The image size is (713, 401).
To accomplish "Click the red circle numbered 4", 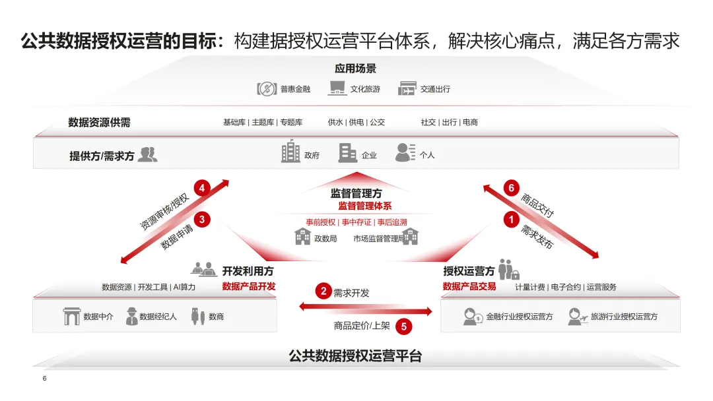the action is (x=202, y=188).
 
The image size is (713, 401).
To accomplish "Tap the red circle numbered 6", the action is (x=510, y=188).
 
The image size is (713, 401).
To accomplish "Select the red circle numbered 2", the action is (x=323, y=292).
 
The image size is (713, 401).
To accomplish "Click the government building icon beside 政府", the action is (x=290, y=152).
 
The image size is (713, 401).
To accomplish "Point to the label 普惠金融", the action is (x=295, y=89).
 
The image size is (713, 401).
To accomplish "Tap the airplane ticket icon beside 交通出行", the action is (x=407, y=88).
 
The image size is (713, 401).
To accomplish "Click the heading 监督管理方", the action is (x=356, y=193).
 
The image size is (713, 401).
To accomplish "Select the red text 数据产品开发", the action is (x=249, y=286).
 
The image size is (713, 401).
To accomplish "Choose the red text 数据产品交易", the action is (x=469, y=286).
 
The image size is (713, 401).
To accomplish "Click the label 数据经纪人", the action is (x=158, y=317).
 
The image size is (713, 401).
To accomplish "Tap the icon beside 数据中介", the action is (x=71, y=317).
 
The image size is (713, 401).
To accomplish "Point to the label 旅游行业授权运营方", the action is (x=624, y=317).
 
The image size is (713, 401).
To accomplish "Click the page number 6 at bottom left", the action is (x=44, y=379).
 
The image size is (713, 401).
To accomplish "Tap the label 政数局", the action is (x=325, y=239).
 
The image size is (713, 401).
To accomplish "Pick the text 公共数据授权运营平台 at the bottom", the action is (x=355, y=356).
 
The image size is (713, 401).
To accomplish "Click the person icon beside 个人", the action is (x=405, y=152).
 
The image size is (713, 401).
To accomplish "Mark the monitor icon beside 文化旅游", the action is (x=337, y=88).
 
